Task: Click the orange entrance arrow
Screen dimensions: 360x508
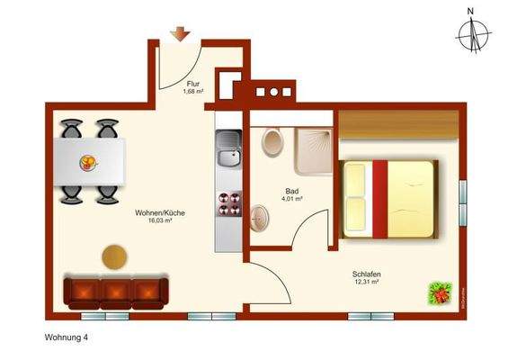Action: click(181, 34)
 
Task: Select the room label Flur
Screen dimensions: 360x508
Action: click(193, 84)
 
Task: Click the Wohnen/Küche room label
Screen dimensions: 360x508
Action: click(160, 212)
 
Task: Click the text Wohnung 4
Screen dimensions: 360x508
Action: click(67, 338)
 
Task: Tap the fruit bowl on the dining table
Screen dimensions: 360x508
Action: click(90, 163)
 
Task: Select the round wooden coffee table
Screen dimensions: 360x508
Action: click(114, 256)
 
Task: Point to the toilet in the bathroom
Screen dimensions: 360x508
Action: click(272, 142)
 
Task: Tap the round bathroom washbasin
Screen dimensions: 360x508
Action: click(262, 217)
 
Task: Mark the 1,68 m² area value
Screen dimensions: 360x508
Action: click(193, 92)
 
